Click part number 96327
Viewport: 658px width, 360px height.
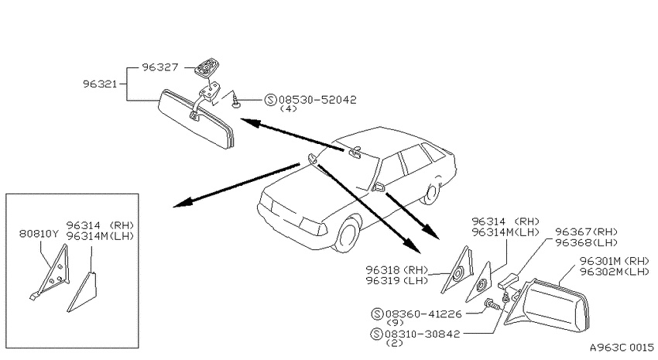[160, 67]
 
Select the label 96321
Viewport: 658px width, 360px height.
[100, 84]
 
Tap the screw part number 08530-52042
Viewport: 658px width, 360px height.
[317, 100]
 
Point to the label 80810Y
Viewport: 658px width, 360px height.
[39, 234]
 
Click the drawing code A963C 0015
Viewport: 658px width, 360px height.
[622, 348]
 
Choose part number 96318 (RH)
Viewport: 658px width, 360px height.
[396, 269]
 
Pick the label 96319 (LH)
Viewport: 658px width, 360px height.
[396, 281]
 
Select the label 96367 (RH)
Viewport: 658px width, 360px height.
[586, 232]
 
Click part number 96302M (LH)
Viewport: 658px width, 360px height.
[615, 272]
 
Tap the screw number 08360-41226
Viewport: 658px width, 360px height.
[423, 314]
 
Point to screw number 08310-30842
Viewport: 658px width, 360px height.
[423, 334]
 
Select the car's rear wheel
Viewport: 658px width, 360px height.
[430, 194]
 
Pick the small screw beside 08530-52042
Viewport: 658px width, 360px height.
[237, 102]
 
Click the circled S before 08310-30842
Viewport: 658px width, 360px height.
[376, 334]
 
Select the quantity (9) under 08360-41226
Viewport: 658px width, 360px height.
[395, 323]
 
